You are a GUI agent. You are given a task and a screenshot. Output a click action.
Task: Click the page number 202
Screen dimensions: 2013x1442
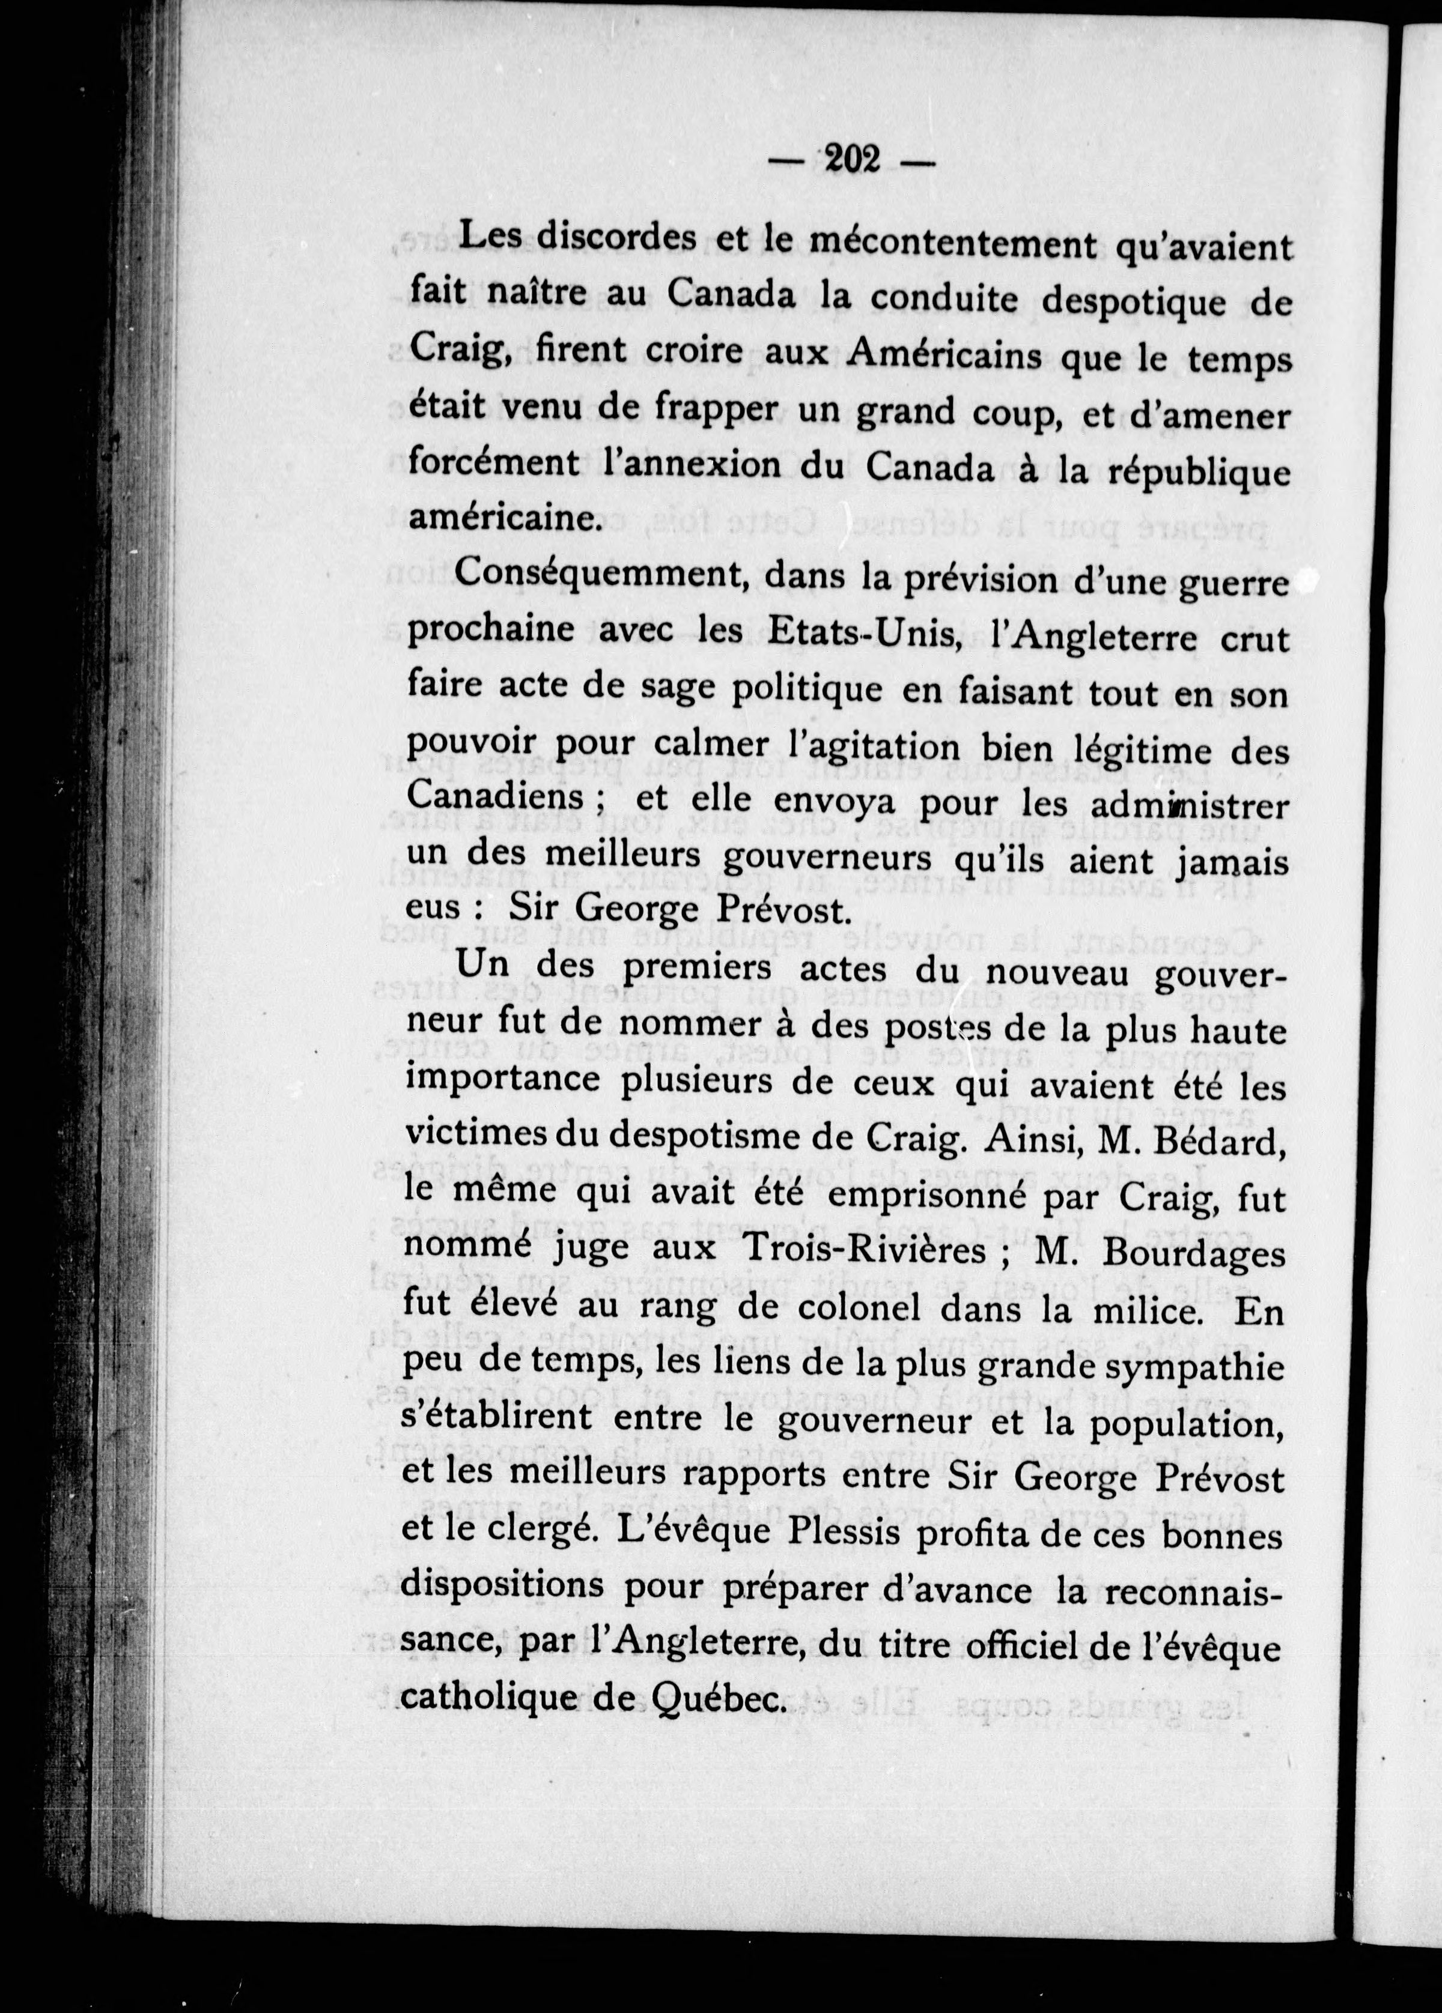point(851,159)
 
